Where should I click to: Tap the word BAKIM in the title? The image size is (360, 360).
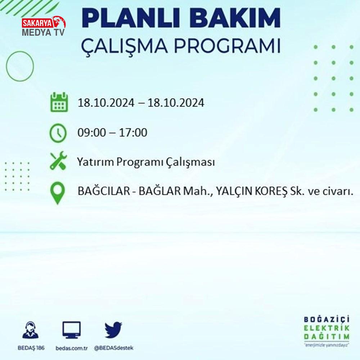click(235, 18)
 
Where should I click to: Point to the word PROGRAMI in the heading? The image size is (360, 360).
click(227, 46)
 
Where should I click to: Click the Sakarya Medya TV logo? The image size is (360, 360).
click(44, 26)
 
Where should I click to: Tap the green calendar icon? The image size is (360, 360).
click(59, 102)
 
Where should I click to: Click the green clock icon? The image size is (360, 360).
click(58, 133)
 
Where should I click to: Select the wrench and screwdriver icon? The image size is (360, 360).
click(58, 161)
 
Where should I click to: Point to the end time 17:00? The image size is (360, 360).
click(133, 132)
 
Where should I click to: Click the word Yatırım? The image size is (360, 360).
click(95, 162)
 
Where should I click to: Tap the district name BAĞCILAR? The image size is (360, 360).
click(104, 191)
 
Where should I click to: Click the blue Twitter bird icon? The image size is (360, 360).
click(113, 330)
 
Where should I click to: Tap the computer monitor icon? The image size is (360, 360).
click(72, 330)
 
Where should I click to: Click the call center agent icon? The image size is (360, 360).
click(31, 330)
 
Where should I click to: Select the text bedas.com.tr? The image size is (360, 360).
click(72, 348)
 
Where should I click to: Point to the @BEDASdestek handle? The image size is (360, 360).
click(114, 348)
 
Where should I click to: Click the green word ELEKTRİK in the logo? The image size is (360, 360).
click(327, 328)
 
